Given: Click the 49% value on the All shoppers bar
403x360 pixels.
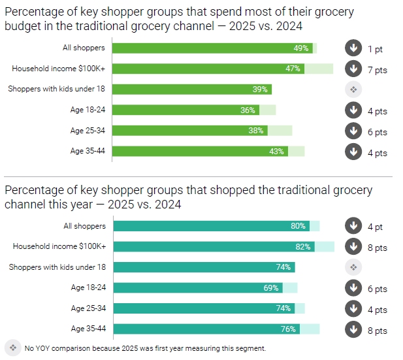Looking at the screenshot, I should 300,48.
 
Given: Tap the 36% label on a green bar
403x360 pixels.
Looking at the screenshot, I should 248,110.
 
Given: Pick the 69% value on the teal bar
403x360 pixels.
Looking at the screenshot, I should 271,288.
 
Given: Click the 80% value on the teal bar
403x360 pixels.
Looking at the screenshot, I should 298,226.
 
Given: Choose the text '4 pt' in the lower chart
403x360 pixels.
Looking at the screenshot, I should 375,227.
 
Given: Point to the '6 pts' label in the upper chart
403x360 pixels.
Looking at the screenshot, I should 377,132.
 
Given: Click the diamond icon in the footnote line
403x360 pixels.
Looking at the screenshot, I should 13,347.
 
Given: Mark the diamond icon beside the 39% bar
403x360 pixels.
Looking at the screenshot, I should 353,90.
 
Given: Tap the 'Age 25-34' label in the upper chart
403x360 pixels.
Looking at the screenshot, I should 88,131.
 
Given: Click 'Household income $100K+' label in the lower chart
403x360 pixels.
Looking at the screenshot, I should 59,246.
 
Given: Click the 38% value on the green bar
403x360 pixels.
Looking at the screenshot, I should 255,131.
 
